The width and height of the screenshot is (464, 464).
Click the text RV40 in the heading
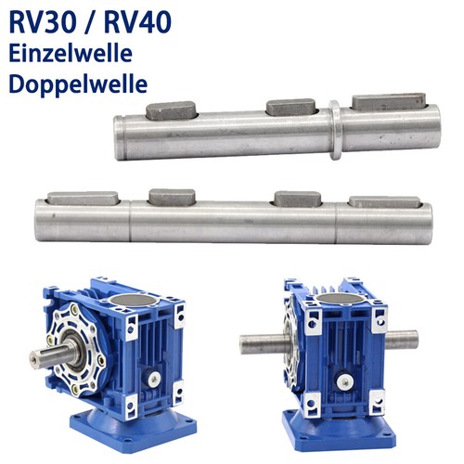[137, 22]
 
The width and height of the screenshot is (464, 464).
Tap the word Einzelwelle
[71, 54]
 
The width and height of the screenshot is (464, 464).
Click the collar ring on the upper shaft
[335, 130]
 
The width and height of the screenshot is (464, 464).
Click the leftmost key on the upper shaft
[171, 110]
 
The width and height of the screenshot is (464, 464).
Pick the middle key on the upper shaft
[291, 107]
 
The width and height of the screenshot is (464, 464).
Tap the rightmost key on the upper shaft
[390, 101]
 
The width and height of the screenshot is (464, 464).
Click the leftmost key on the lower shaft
[83, 199]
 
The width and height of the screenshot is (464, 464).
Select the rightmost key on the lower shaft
[384, 201]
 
